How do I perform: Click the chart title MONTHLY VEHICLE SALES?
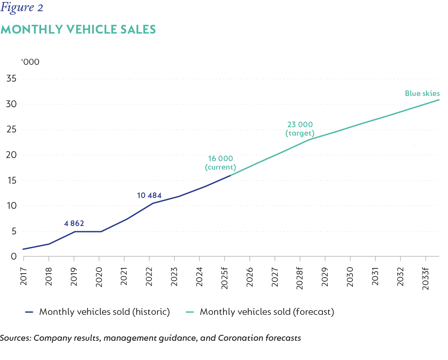pos(78,30)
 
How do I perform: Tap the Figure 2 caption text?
pos(22,8)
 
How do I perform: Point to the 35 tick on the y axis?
pos(11,79)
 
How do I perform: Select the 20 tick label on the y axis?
pos(11,155)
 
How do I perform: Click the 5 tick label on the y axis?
pos(13,231)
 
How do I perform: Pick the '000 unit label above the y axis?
pos(30,62)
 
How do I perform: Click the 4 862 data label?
pos(74,223)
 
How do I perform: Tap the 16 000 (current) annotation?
pos(220,163)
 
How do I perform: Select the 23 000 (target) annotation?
pos(300,129)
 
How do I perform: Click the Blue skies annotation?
pos(422,94)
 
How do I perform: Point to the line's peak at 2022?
pos(153,203)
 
